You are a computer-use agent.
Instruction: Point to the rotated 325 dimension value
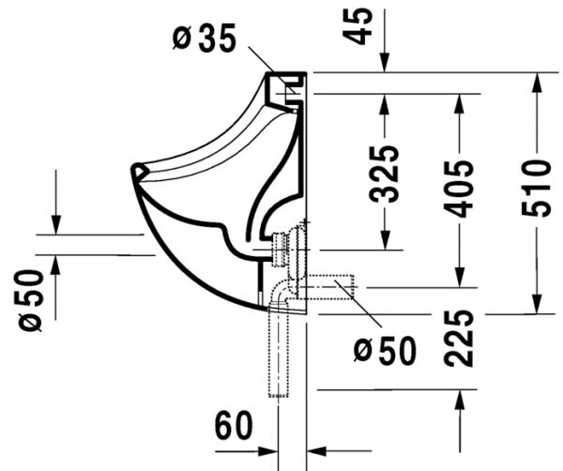[x=384, y=174]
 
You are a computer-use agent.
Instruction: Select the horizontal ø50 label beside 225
[x=385, y=351]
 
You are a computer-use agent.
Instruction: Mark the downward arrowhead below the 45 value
[x=384, y=63]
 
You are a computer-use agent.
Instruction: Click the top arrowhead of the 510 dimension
[x=536, y=83]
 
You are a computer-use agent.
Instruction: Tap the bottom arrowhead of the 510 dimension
[x=536, y=302]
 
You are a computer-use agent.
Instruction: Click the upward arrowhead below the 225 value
[x=459, y=400]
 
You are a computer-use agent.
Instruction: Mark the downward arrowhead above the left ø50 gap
[x=56, y=224]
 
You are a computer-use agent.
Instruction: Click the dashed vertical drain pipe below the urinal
[x=279, y=357]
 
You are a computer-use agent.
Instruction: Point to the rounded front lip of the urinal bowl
[x=141, y=171]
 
